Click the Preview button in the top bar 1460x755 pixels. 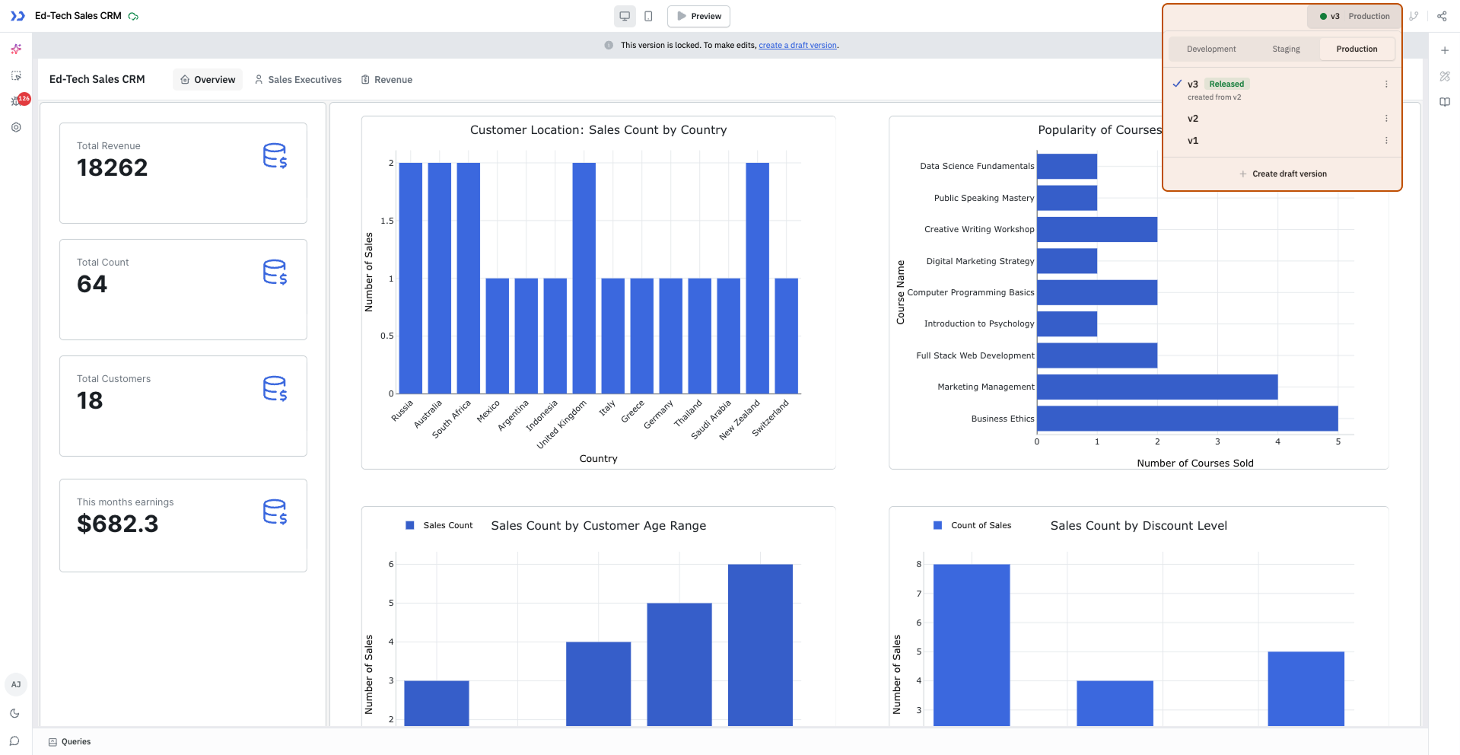(x=698, y=16)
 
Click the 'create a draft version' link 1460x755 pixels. (x=797, y=46)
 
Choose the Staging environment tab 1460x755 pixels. (x=1286, y=49)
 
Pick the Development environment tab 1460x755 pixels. (x=1211, y=49)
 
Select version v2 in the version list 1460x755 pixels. (x=1193, y=119)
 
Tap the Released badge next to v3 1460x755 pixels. (x=1226, y=84)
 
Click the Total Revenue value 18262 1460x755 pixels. (x=113, y=168)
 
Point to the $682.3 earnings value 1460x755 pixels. (x=118, y=524)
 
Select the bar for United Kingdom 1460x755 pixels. (x=584, y=278)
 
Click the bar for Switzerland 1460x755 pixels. (x=786, y=336)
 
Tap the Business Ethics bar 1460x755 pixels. (x=1187, y=419)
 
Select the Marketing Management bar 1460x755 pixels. (x=1156, y=387)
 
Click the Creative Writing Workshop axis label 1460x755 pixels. (x=979, y=230)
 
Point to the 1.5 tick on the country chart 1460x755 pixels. (x=387, y=221)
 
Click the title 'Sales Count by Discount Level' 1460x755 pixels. (x=1138, y=526)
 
